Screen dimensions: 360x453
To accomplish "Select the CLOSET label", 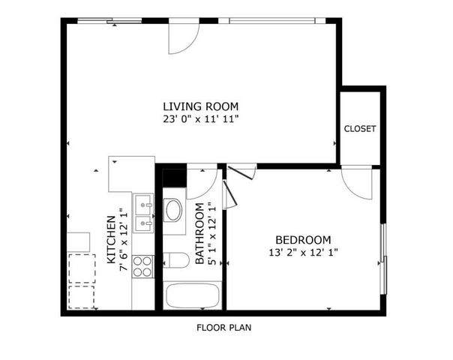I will (360, 129).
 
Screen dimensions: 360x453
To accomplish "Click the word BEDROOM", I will (303, 238).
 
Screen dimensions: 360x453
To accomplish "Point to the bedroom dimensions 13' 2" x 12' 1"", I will (303, 252).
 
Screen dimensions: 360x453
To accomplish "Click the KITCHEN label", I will (111, 238).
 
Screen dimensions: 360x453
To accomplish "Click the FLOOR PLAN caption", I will (223, 328).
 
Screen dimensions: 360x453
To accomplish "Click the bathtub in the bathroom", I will (192, 296).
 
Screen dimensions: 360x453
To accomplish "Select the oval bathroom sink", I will (173, 209).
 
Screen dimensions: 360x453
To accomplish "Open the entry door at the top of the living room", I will (182, 38).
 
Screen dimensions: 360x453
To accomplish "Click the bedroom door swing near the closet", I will (357, 182).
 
